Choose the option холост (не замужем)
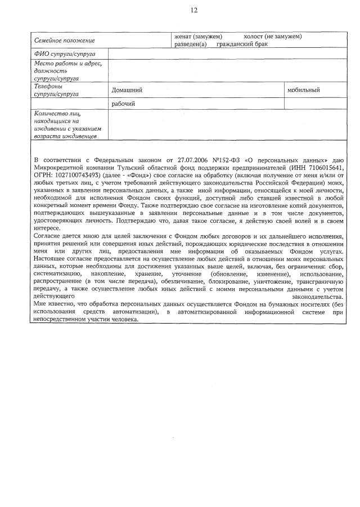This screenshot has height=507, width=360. (x=273, y=37)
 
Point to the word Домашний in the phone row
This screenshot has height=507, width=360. (x=127, y=90)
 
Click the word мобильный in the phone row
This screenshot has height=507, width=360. (x=303, y=90)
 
